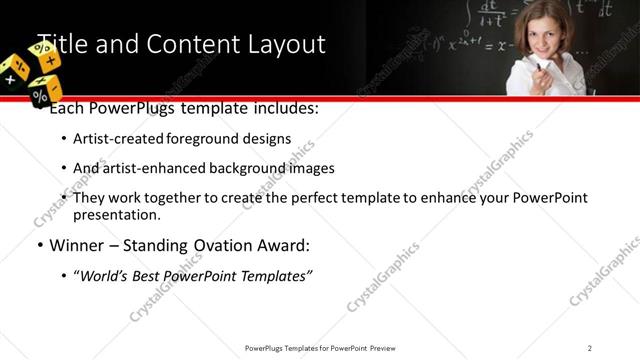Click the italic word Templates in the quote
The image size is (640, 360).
(278, 276)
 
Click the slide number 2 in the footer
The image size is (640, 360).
(590, 348)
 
